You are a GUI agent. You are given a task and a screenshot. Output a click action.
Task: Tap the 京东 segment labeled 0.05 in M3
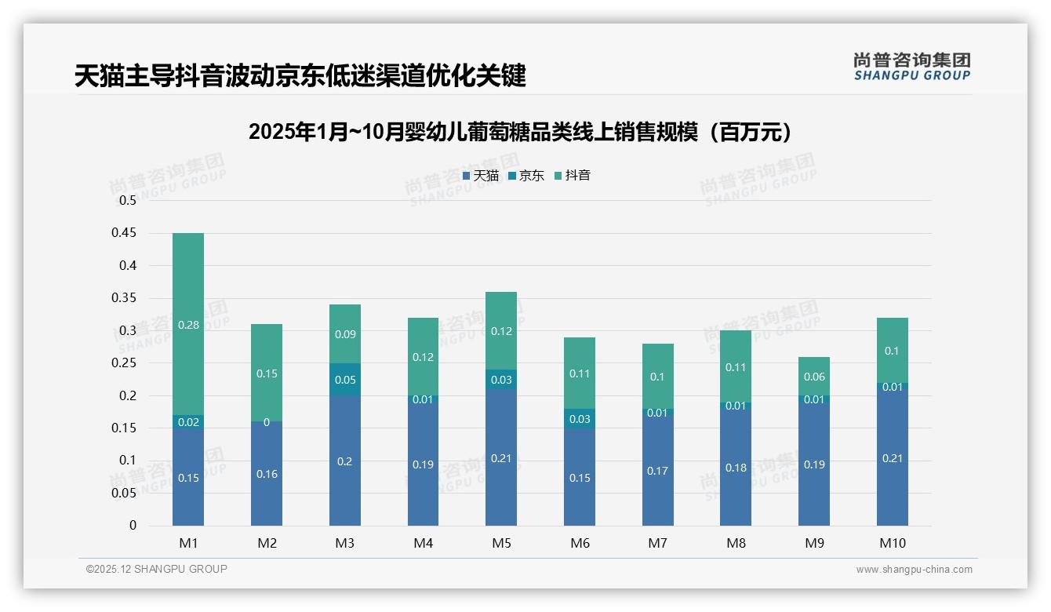[x=345, y=380]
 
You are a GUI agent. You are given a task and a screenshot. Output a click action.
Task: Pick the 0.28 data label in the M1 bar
[x=188, y=325]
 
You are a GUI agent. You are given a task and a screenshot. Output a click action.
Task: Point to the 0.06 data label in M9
[x=814, y=377]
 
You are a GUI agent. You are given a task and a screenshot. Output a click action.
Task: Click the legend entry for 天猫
[x=481, y=176]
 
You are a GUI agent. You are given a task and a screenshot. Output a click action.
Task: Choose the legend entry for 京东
[x=526, y=176]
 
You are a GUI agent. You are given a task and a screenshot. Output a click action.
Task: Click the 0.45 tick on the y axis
[x=128, y=233]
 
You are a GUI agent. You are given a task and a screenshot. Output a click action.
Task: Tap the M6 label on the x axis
[x=580, y=543]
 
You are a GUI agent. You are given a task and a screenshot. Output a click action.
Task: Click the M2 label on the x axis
[x=267, y=543]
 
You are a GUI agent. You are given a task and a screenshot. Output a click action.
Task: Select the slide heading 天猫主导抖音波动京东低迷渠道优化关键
[x=300, y=75]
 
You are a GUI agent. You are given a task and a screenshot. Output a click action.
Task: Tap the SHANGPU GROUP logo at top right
[x=911, y=67]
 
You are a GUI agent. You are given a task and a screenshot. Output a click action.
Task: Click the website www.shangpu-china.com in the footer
[x=914, y=570]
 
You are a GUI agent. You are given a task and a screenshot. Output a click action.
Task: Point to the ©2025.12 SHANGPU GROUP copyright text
[x=157, y=569]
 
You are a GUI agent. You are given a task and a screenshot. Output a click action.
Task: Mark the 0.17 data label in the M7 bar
[x=657, y=471]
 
